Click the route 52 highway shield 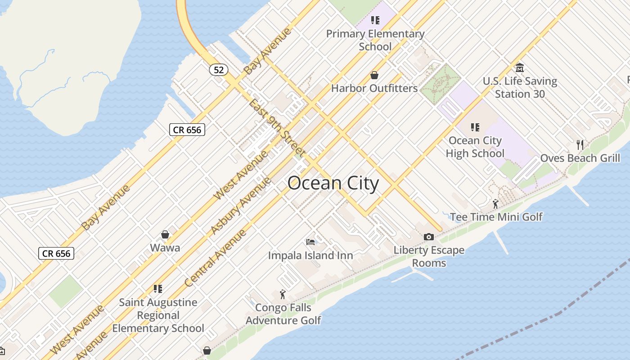point(219,70)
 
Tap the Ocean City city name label point(333,184)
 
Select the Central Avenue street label point(216,258)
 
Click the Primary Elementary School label point(375,40)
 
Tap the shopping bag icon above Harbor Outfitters point(374,75)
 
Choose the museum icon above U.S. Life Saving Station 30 point(520,68)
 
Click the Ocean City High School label point(475,147)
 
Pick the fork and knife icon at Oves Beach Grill point(580,144)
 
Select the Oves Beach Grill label point(580,158)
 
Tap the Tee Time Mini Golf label point(496,217)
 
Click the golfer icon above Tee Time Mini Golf point(495,204)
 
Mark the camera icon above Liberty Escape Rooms point(429,237)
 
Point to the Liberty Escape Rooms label point(429,256)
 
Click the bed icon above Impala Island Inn point(310,242)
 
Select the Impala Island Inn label point(310,256)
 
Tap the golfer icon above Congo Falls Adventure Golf point(283,294)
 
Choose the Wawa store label point(165,247)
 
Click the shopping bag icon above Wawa point(165,234)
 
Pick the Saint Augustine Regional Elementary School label point(158,315)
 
